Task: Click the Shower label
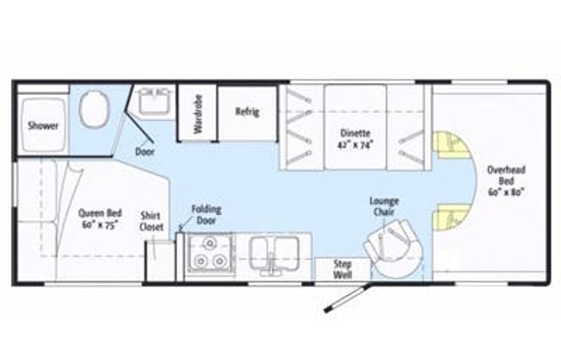click(44, 125)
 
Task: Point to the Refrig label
click(247, 112)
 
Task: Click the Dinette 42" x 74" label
click(355, 137)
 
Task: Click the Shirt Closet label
click(151, 221)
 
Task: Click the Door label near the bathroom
click(144, 152)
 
